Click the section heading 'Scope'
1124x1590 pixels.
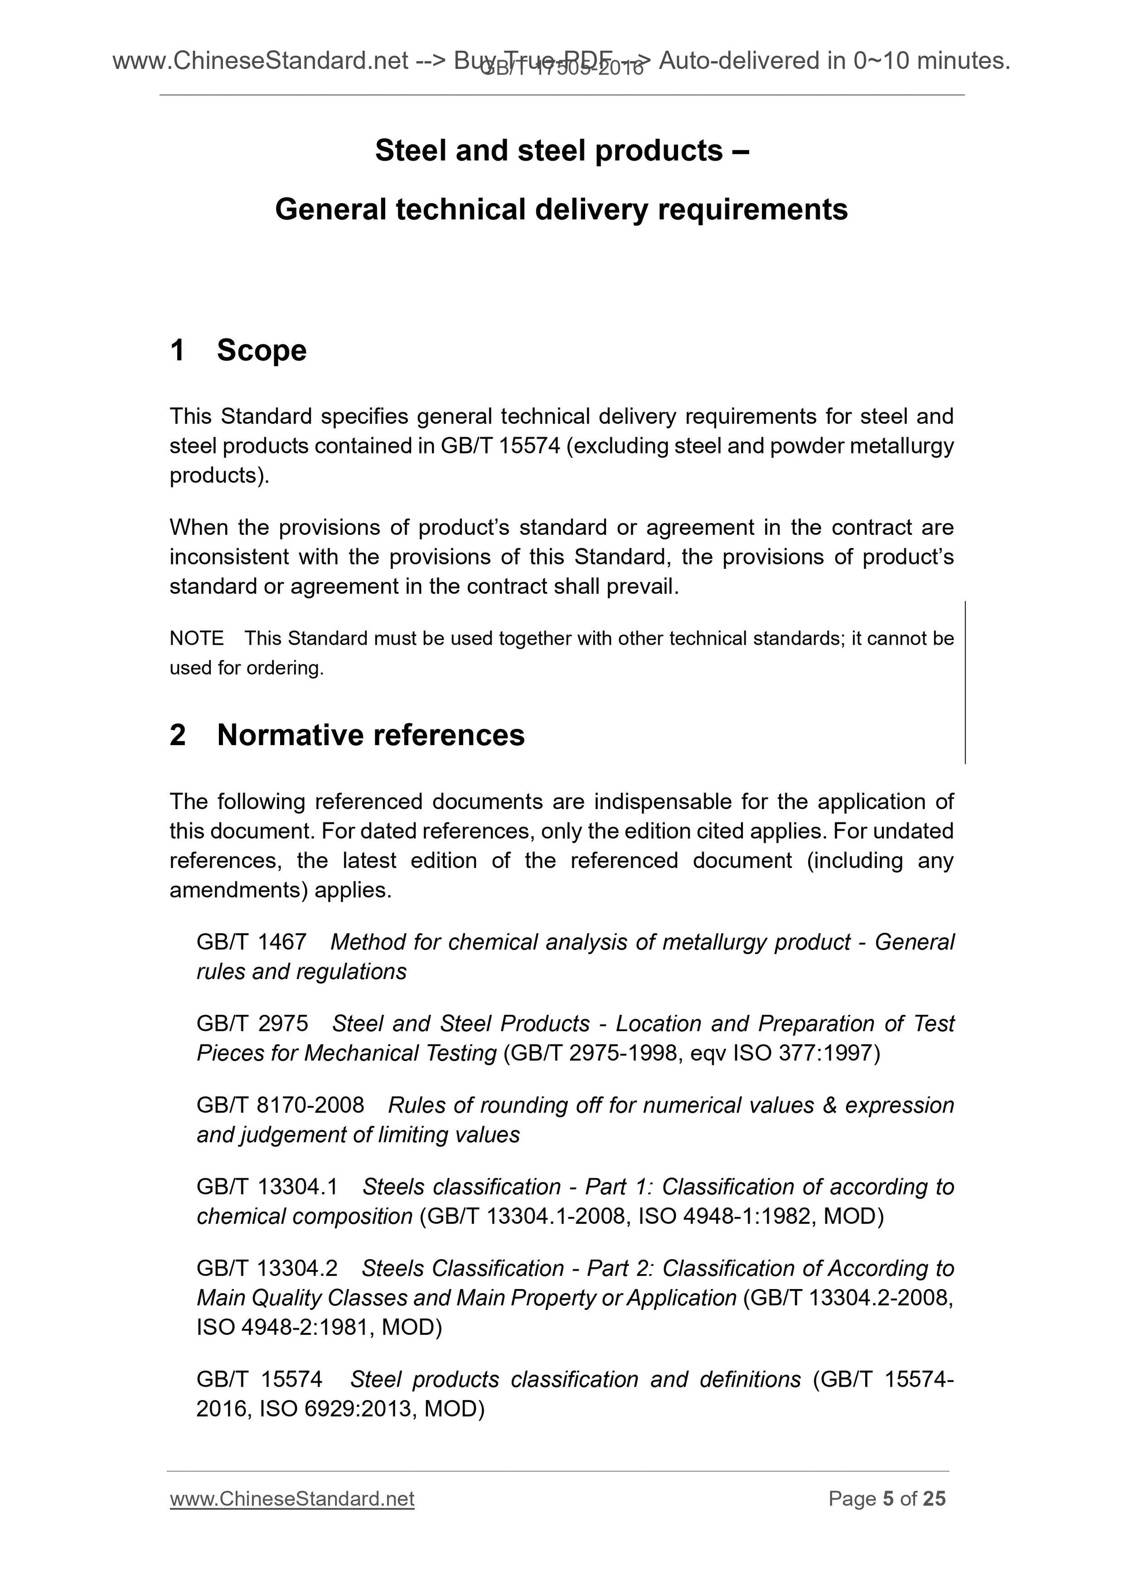coord(261,351)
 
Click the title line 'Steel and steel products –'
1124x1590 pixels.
coord(561,151)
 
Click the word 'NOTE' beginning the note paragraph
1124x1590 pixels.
coord(197,639)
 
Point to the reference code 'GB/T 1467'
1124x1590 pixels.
coord(251,942)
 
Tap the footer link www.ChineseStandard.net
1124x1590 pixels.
coord(292,1499)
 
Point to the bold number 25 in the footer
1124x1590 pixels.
coord(934,1499)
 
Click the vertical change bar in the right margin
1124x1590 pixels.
coord(965,682)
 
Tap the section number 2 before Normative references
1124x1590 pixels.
coord(178,735)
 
